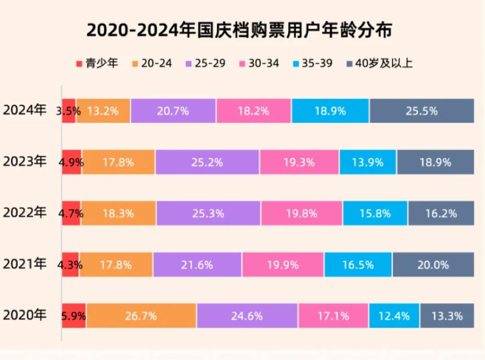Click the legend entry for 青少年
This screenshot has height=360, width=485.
pyautogui.click(x=97, y=64)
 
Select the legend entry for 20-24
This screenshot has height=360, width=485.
pyautogui.click(x=152, y=64)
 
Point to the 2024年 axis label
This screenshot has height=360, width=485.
pyautogui.click(x=24, y=110)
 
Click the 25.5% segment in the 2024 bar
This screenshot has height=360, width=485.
pyautogui.click(x=421, y=110)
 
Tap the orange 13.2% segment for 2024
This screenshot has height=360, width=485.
pyautogui.click(x=103, y=110)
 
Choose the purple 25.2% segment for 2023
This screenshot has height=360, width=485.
pyautogui.click(x=207, y=162)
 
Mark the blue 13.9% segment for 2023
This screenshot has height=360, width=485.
pyautogui.click(x=367, y=162)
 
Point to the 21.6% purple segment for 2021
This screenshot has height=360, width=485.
pyautogui.click(x=198, y=265)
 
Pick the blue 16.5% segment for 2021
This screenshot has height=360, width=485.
pyautogui.click(x=358, y=265)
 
